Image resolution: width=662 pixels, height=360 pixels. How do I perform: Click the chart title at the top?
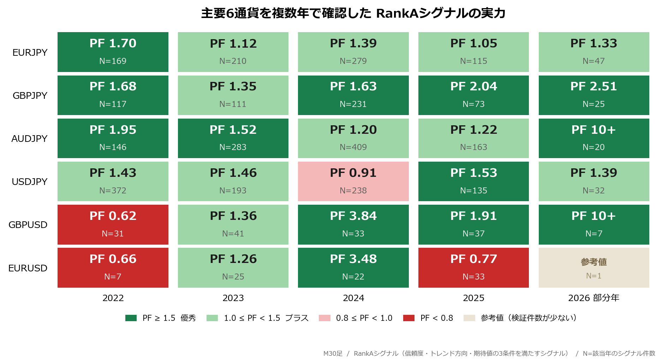(353, 13)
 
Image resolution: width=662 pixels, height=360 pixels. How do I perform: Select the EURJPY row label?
(30, 53)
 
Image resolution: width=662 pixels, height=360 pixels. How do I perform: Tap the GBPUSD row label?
(28, 225)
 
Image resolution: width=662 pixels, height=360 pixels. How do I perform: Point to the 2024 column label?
(353, 298)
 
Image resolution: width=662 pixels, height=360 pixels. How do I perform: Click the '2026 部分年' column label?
(594, 298)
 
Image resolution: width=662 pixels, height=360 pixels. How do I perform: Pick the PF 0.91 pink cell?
(353, 181)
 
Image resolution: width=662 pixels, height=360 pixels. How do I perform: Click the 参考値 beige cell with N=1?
(594, 268)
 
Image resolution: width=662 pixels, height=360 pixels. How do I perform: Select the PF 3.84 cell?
(353, 224)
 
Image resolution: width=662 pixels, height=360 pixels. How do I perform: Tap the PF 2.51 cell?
(594, 95)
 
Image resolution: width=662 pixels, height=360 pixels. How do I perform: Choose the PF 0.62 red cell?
(113, 224)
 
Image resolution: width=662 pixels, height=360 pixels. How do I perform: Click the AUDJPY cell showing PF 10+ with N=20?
(594, 138)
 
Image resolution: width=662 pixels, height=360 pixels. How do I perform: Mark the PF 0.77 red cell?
(473, 268)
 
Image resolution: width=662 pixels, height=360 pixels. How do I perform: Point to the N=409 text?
(353, 147)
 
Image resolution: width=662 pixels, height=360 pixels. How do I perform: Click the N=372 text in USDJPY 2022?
(113, 191)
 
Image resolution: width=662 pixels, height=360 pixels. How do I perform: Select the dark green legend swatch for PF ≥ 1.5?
(131, 318)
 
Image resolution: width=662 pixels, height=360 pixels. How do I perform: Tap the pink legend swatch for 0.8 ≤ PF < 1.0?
(324, 318)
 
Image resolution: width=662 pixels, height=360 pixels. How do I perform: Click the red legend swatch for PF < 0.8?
(409, 318)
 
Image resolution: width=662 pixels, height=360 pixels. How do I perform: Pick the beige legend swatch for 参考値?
(469, 318)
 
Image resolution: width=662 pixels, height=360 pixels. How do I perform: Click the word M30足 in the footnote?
(333, 353)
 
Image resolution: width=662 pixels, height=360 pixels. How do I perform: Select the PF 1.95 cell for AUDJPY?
(113, 138)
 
